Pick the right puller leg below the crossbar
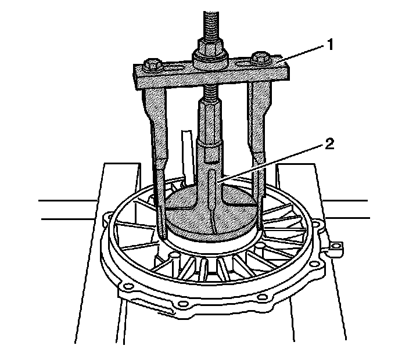point(257,128)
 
